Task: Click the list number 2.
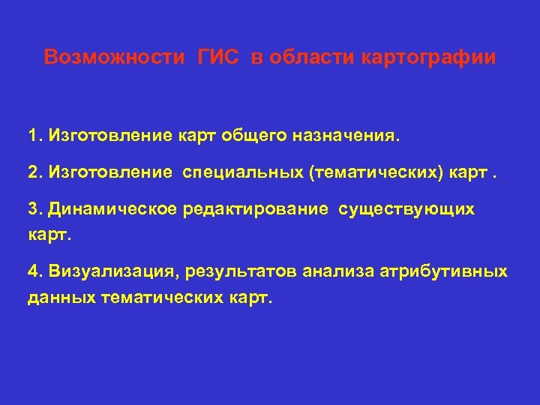coord(33,174)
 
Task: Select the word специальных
coord(241,174)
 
